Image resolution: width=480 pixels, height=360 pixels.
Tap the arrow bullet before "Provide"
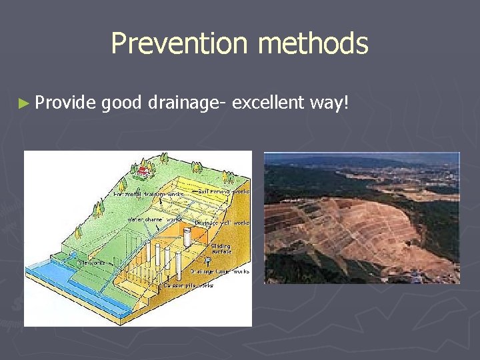(25, 103)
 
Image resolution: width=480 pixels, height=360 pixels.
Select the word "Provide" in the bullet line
(65, 103)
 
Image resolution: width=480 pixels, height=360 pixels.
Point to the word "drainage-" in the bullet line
(187, 103)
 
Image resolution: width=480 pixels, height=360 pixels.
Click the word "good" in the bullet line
(123, 103)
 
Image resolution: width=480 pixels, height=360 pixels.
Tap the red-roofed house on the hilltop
(143, 171)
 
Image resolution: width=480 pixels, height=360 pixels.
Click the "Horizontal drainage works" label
(148, 194)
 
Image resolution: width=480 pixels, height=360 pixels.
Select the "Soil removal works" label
(223, 191)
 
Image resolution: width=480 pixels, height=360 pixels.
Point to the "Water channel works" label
(155, 219)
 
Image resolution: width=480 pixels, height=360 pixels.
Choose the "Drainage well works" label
(222, 223)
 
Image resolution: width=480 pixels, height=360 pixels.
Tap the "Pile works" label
(93, 263)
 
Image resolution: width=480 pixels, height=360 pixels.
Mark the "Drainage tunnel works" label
(220, 271)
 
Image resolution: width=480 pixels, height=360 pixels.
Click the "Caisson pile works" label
(189, 285)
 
